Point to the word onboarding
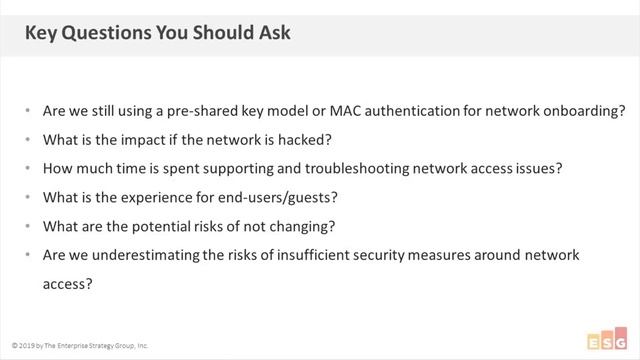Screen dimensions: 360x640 pyautogui.click(x=572, y=111)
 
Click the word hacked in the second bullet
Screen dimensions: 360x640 pyautogui.click(x=312, y=139)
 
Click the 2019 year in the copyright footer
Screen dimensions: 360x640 pyautogui.click(x=26, y=345)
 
